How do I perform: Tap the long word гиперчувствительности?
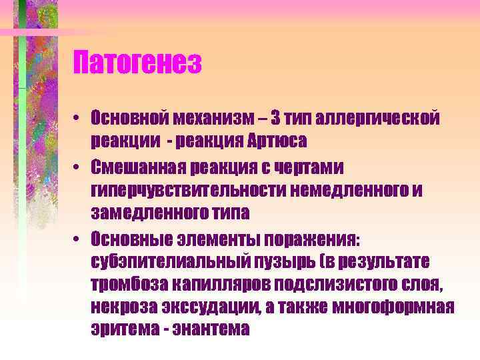(x=191, y=191)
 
